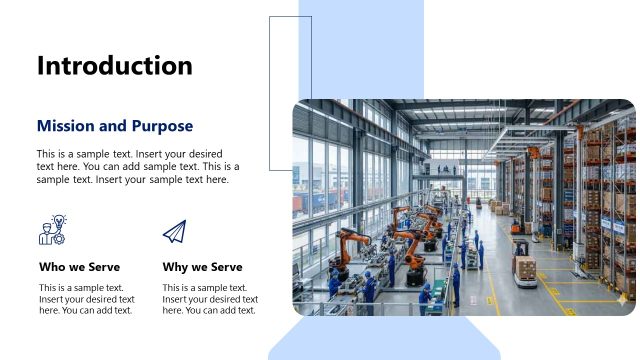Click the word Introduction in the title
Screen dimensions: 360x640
[x=114, y=66]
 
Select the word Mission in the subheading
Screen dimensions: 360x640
[x=66, y=126]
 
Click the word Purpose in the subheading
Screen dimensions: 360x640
[x=159, y=126]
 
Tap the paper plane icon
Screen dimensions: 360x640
[x=174, y=231]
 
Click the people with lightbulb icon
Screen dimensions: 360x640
[x=52, y=230]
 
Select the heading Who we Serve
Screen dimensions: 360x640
[x=79, y=267]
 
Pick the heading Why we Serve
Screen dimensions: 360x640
[x=202, y=267]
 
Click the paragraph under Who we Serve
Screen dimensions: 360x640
[x=86, y=299]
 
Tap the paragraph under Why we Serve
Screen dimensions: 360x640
[x=210, y=299]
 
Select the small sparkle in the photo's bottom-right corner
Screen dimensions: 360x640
[x=622, y=299]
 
